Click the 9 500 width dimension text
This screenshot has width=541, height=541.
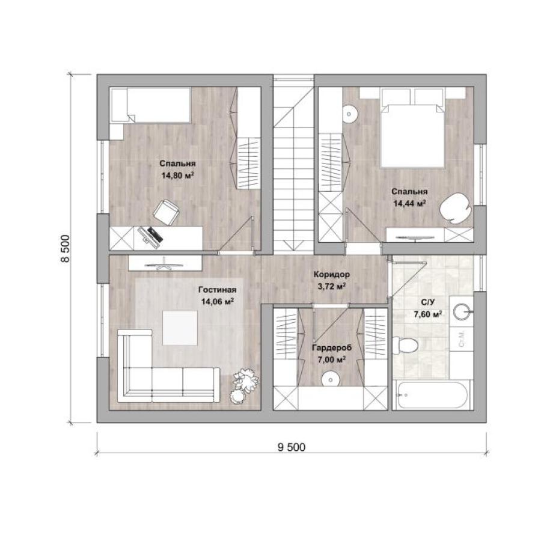[291, 447]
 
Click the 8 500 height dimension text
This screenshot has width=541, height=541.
[65, 249]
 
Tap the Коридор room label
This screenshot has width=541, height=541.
[331, 275]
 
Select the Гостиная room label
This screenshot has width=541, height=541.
[218, 290]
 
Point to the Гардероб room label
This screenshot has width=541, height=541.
[332, 348]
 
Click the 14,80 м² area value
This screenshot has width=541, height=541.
[177, 176]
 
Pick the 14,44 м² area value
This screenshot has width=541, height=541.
[409, 204]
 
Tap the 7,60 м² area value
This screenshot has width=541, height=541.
[428, 314]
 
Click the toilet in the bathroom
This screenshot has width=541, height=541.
[405, 345]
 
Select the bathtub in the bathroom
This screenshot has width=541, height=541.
[433, 395]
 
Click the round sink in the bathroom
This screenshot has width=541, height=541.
[462, 312]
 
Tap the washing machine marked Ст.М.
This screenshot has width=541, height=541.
[462, 340]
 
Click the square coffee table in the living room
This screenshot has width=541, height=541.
[180, 328]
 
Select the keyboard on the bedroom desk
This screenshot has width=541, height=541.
[155, 234]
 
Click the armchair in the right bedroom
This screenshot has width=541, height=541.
[456, 209]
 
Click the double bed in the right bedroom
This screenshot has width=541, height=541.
[412, 128]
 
